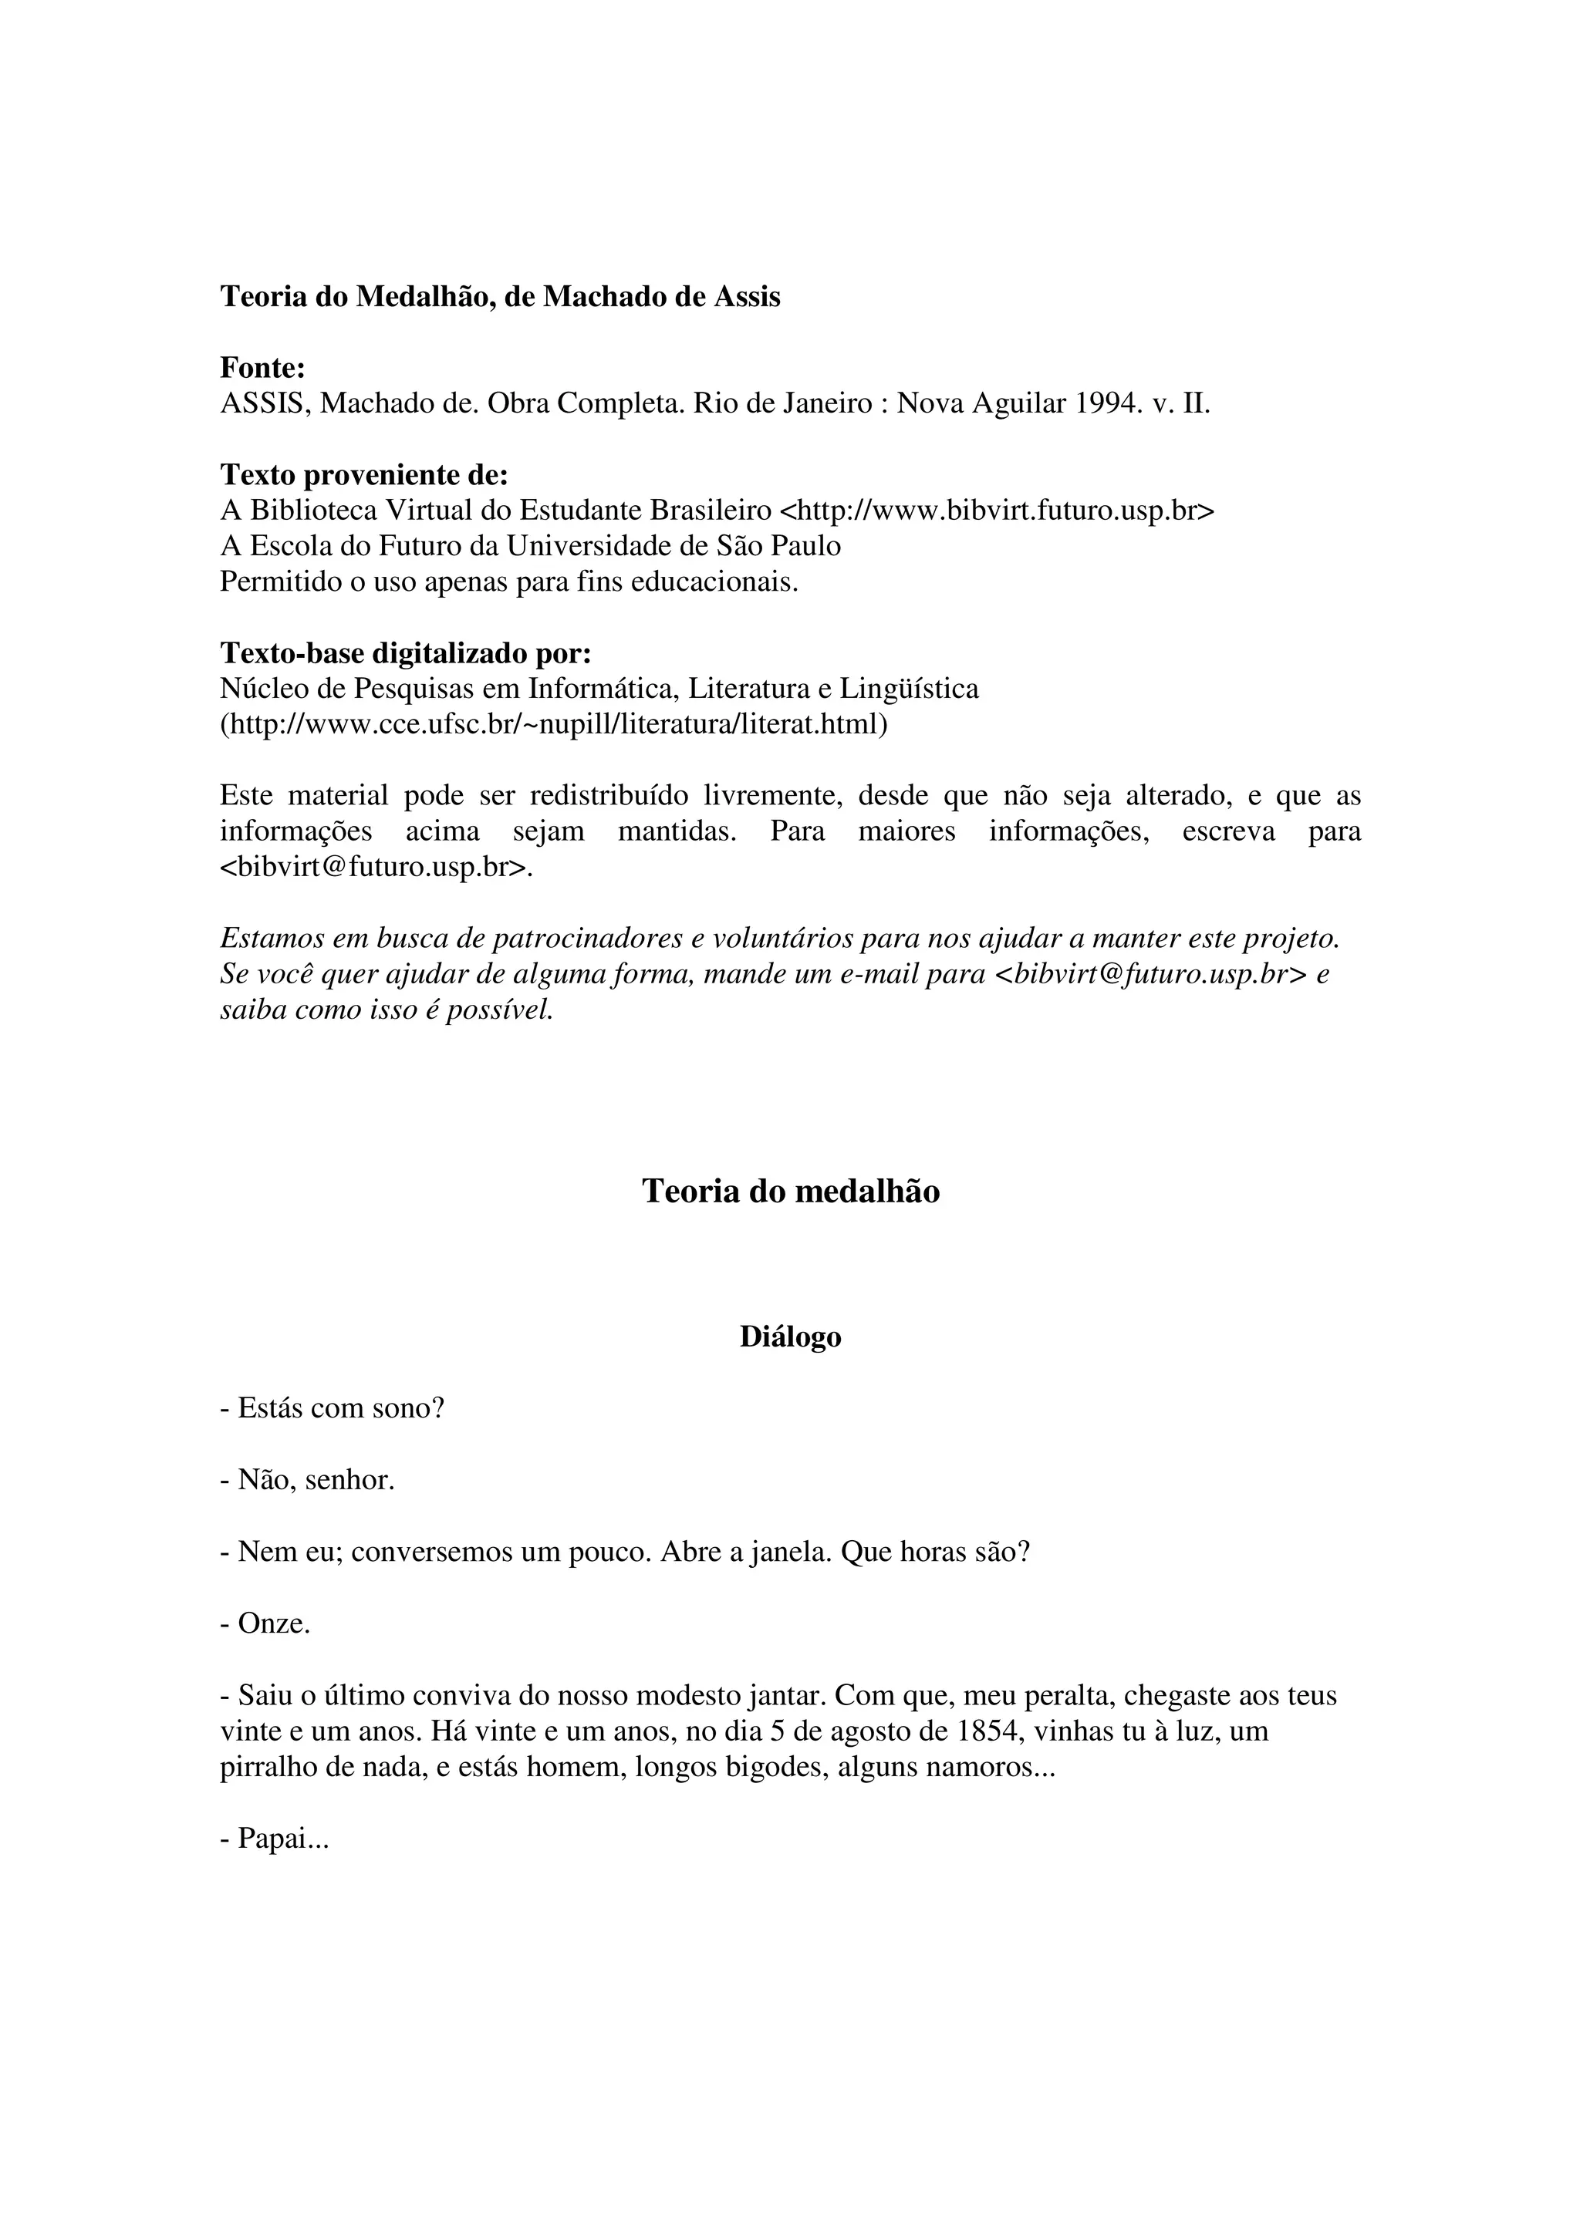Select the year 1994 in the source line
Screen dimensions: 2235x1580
tap(1108, 403)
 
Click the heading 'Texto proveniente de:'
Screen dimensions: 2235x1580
tap(364, 475)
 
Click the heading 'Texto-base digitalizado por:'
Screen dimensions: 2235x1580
tap(406, 653)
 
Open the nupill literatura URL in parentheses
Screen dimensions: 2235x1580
tap(554, 724)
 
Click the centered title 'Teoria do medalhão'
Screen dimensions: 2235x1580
tap(791, 1192)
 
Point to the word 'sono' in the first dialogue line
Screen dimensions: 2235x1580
tap(399, 1408)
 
